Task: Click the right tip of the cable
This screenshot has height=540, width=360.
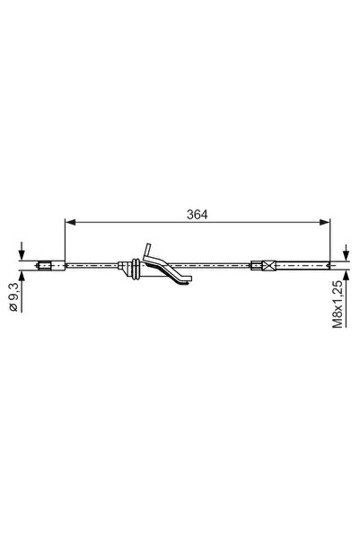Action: [x=331, y=265]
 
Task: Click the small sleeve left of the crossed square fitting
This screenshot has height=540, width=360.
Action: [x=253, y=264]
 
